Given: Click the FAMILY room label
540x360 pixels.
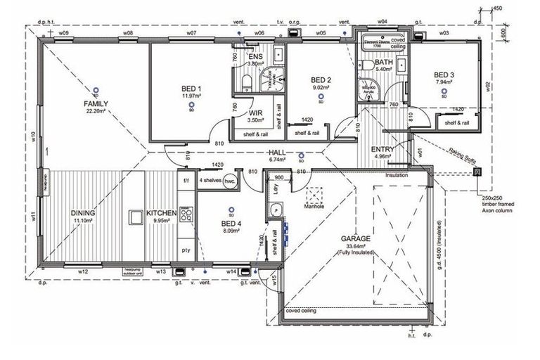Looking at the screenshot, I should pos(95,103).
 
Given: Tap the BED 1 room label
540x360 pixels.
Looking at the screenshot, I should pos(191,89).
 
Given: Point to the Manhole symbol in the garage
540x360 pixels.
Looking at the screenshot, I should pos(314,193).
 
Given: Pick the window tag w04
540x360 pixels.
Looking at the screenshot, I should pos(382,22).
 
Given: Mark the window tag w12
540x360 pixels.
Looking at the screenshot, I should pos(83,271).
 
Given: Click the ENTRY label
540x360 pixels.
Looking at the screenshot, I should pos(382,149).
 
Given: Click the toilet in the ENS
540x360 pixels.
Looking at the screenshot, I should pos(245,84).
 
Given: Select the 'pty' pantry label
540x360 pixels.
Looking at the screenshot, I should pos(186,250).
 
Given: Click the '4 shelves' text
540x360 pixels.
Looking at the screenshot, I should pos(210,180).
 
